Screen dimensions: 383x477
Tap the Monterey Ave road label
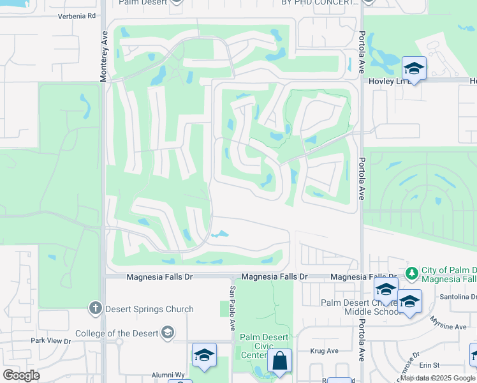pyautogui.click(x=103, y=57)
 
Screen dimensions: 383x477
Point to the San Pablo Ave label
pyautogui.click(x=232, y=306)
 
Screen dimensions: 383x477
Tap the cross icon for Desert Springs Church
pyautogui.click(x=96, y=309)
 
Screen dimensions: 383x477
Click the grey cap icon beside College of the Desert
pyautogui.click(x=167, y=333)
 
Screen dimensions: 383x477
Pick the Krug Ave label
pyautogui.click(x=324, y=351)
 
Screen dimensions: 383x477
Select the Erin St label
pyautogui.click(x=430, y=365)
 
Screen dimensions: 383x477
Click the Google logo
pyautogui.click(x=21, y=375)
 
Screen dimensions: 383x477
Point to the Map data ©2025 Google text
pyautogui.click(x=437, y=378)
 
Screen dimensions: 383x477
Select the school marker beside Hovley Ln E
pyautogui.click(x=414, y=69)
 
